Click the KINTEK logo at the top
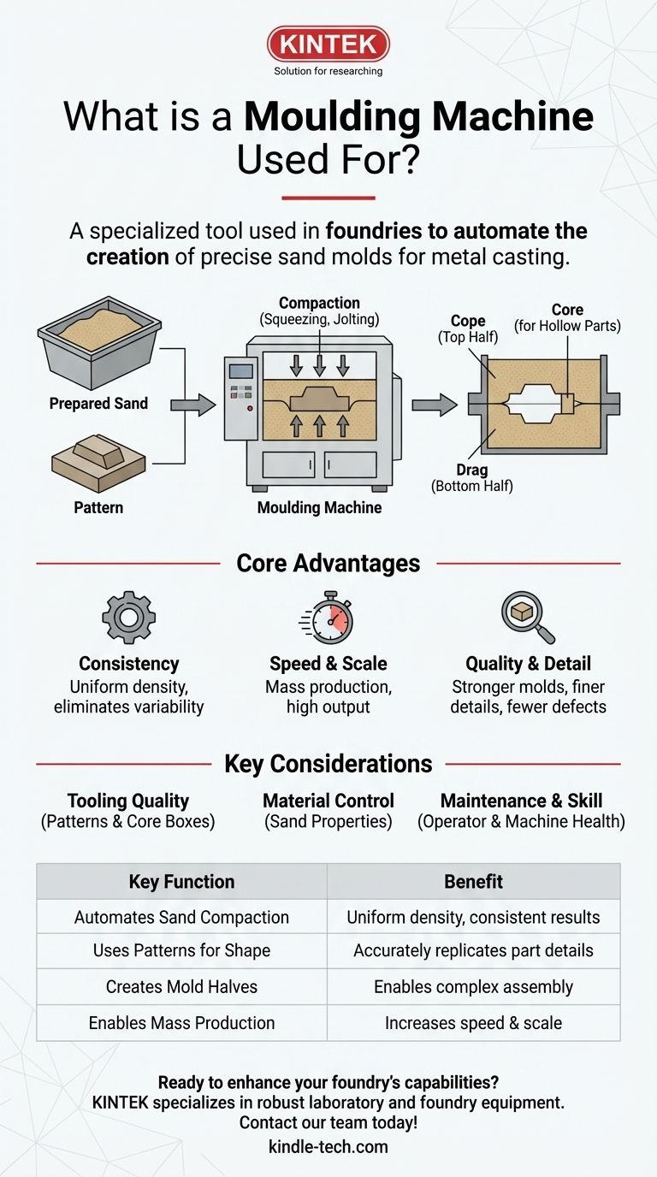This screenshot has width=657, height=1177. point(328,44)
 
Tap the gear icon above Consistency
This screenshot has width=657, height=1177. point(128,617)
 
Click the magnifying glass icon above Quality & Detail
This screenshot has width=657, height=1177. point(525,616)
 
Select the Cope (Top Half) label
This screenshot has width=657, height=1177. point(468,328)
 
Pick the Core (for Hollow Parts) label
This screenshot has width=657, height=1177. point(567,317)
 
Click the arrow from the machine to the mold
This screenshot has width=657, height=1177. point(435,405)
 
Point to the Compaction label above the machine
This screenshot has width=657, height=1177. point(319,311)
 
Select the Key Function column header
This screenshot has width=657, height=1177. point(181,882)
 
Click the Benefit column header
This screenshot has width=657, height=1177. point(473,882)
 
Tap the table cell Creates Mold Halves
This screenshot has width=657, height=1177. point(181,986)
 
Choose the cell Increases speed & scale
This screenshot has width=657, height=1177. point(473,1022)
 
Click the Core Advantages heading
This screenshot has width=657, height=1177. point(328,564)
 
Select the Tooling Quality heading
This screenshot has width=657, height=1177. point(128,801)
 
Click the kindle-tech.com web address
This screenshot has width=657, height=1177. point(328,1147)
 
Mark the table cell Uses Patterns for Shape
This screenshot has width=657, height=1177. point(181,951)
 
